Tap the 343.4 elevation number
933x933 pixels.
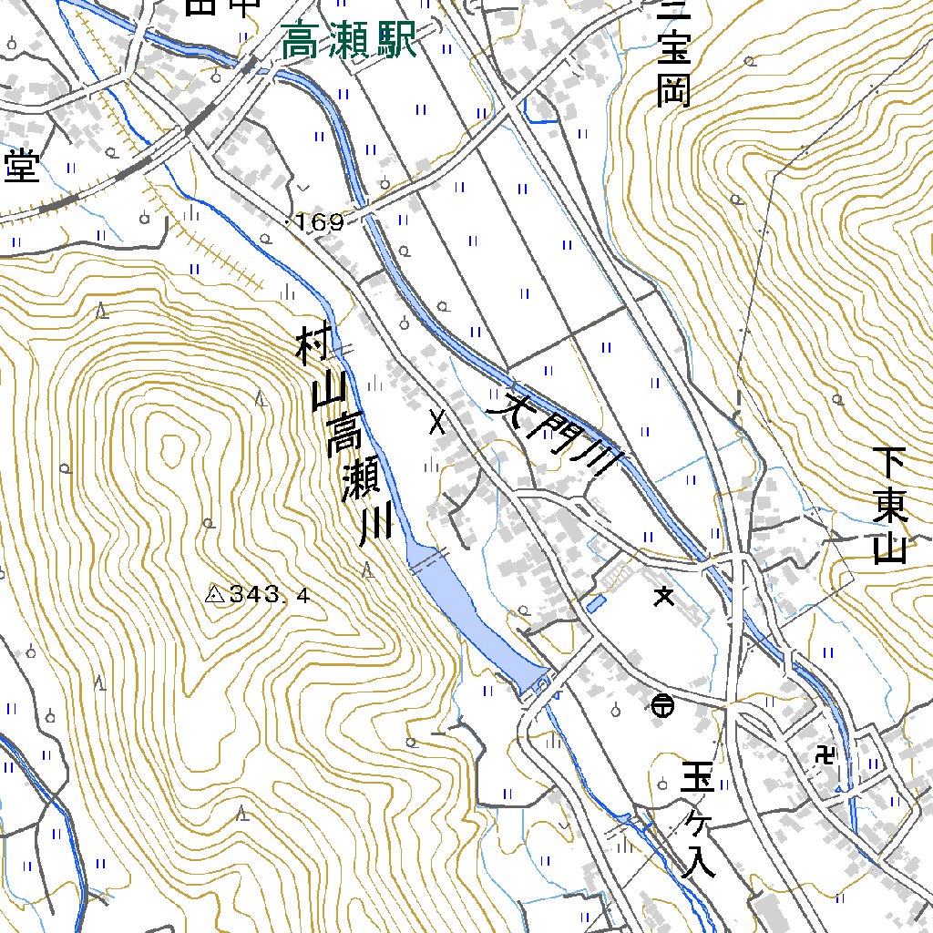point(270,596)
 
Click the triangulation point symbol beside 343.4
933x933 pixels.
point(216,595)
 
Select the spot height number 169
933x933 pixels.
point(319,222)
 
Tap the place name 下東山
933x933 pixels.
point(889,506)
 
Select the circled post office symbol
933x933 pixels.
point(662,703)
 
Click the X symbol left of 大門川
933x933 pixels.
point(438,421)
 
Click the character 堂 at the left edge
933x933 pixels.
point(22,165)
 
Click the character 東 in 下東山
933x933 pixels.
point(889,507)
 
